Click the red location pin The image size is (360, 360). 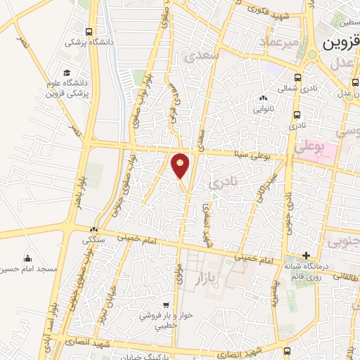[181, 165]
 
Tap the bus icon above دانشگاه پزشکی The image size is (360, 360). [89, 32]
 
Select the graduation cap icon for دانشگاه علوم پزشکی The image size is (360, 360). [67, 73]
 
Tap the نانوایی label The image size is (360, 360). [264, 109]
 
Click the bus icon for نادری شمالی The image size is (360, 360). [297, 78]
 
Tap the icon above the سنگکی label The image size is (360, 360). [93, 229]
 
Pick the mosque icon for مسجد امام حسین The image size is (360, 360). [27, 258]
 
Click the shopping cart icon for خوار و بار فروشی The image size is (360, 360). [165, 305]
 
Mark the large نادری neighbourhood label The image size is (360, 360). [225, 182]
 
